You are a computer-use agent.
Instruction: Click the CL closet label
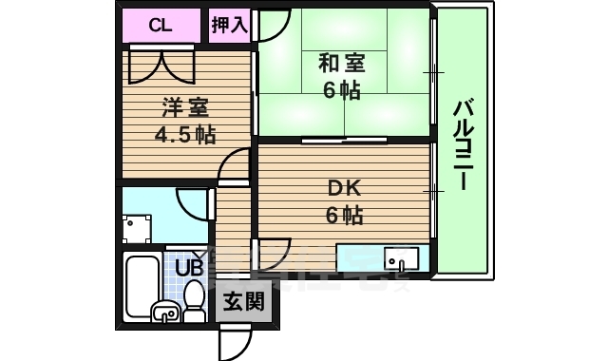click(160, 25)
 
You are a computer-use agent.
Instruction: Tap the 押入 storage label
click(229, 25)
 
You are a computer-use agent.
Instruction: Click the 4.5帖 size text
click(185, 134)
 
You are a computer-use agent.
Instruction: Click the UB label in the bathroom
click(189, 267)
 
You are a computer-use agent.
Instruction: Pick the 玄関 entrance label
click(243, 303)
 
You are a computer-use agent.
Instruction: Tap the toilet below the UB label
click(195, 302)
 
